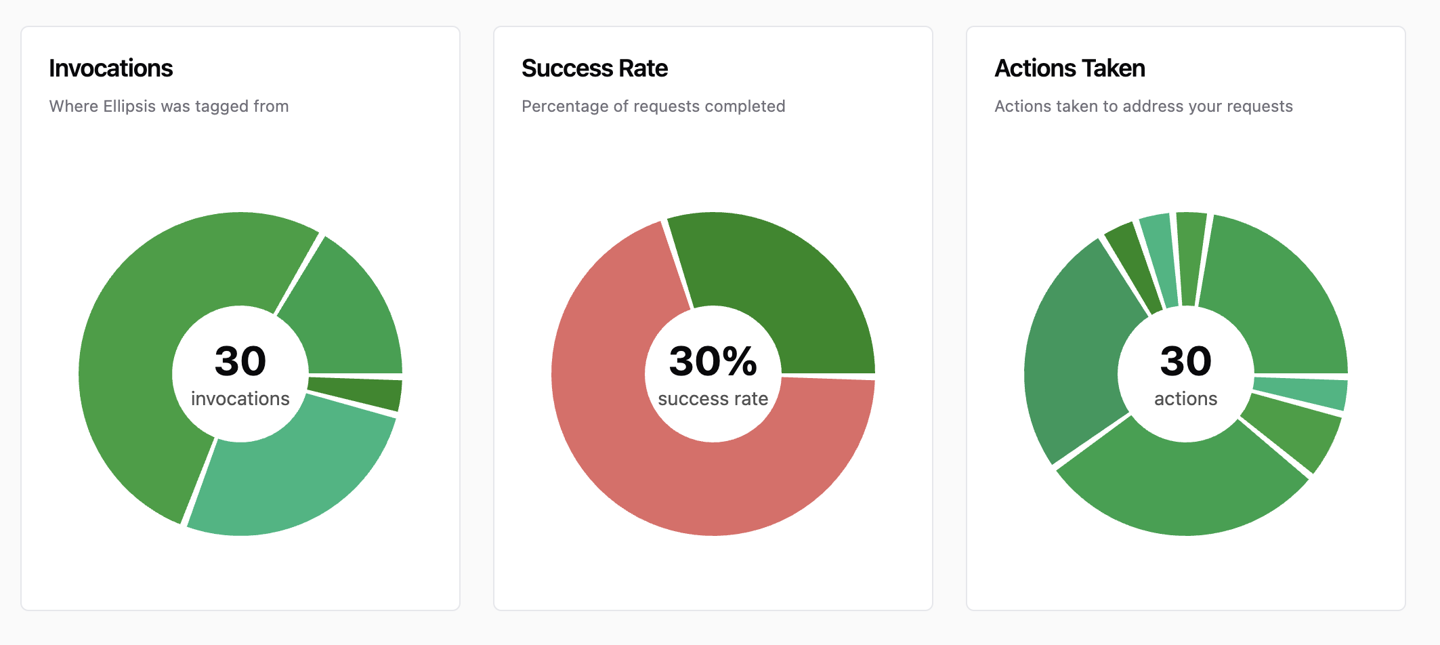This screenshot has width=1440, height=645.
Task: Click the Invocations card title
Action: (111, 68)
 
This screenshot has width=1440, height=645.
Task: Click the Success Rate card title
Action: (595, 68)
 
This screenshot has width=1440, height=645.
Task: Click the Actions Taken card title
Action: (1070, 68)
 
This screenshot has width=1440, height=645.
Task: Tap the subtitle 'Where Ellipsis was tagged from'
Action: (169, 106)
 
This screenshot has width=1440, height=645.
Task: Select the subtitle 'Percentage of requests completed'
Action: (653, 106)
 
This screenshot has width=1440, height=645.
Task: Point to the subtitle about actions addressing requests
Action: (1143, 106)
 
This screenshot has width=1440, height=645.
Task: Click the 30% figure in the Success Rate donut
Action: (713, 361)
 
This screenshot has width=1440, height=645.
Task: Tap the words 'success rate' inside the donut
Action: (713, 399)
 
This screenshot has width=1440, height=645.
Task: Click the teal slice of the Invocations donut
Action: (291, 474)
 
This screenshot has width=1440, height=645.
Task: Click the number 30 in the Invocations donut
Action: (240, 361)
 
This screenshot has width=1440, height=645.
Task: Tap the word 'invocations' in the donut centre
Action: (240, 399)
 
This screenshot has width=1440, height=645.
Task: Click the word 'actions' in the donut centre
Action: (1185, 399)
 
